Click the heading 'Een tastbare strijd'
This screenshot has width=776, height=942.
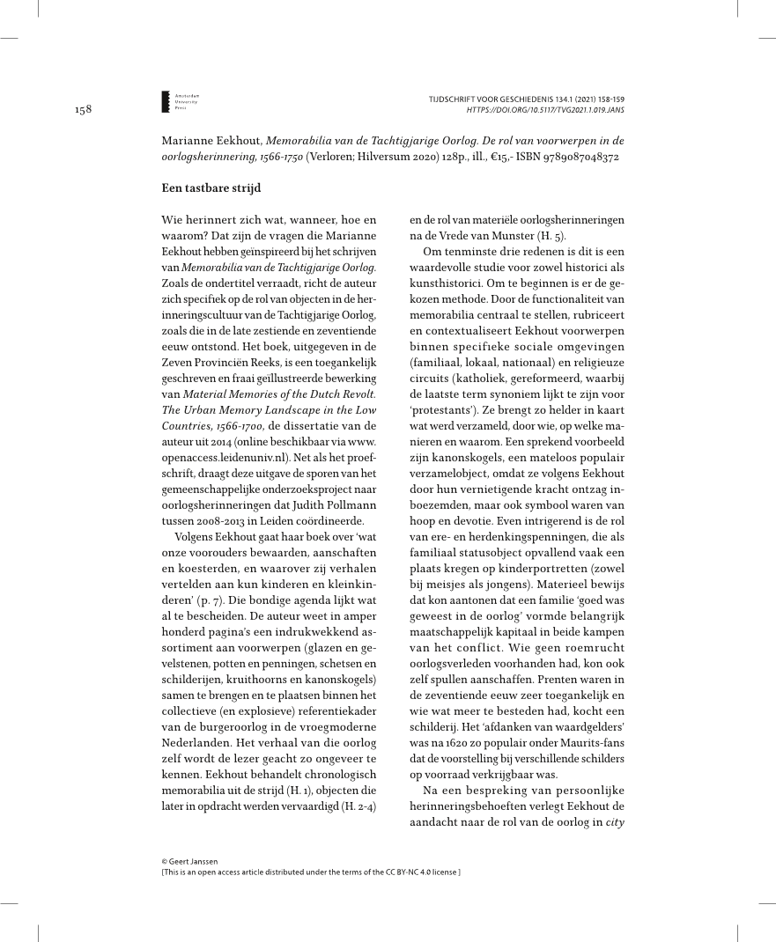pos(211,188)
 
